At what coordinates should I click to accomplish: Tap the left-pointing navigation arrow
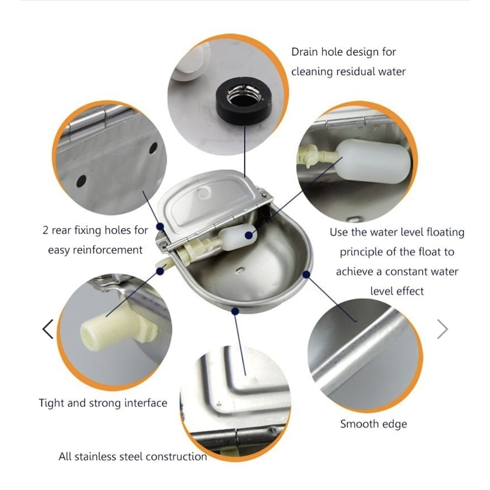48,329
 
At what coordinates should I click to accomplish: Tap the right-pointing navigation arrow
442,329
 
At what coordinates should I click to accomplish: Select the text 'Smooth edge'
373,424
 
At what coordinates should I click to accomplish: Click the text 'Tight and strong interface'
103,403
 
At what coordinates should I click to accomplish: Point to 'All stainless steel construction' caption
133,456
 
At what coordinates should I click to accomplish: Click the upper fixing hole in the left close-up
153,148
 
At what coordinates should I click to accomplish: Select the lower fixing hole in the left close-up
81,181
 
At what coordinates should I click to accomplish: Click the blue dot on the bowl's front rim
235,311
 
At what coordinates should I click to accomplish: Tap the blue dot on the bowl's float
249,235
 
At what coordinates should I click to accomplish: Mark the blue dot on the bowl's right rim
306,275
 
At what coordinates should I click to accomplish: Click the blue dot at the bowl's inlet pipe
160,271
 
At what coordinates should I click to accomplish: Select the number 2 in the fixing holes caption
45,230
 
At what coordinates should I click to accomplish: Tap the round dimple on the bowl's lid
204,193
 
